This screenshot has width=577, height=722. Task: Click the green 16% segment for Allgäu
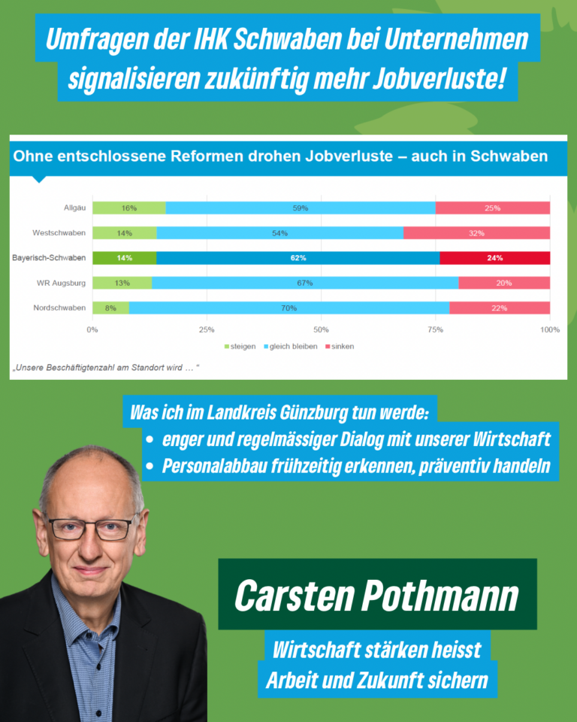(x=128, y=208)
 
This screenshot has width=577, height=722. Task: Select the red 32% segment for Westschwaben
(x=476, y=233)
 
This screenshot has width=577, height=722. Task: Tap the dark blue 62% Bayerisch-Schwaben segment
(x=298, y=258)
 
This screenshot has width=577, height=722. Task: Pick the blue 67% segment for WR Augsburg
(x=305, y=283)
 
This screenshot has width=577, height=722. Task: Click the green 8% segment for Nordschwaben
(x=110, y=308)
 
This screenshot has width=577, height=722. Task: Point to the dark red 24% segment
(x=494, y=258)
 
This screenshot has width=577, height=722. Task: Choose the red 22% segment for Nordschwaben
(x=499, y=308)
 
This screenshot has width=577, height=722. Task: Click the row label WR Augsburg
(x=63, y=283)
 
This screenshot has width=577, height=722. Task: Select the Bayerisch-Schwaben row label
(x=49, y=258)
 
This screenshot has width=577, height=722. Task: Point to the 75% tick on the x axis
(x=436, y=329)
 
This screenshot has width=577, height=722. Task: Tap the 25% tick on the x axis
(x=207, y=329)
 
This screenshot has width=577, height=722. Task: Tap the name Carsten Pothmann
(x=376, y=595)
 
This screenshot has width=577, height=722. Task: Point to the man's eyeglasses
(x=93, y=526)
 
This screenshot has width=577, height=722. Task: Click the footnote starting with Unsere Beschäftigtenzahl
(x=105, y=368)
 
